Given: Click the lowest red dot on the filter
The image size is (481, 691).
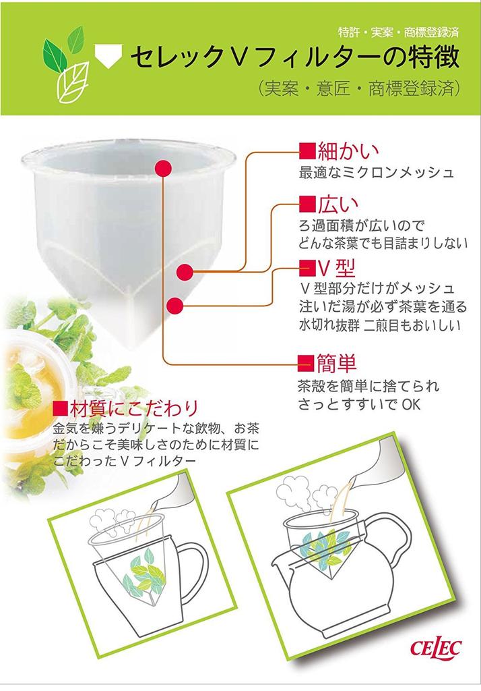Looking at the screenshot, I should click(174, 305).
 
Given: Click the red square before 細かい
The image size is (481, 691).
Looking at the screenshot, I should click(307, 149).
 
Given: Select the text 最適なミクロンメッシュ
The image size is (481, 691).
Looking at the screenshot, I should click(376, 172).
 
